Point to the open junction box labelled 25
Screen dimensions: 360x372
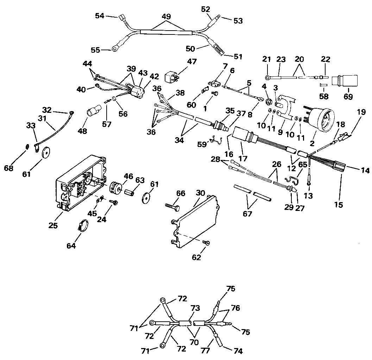81,183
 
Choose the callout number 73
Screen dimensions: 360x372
195,308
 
